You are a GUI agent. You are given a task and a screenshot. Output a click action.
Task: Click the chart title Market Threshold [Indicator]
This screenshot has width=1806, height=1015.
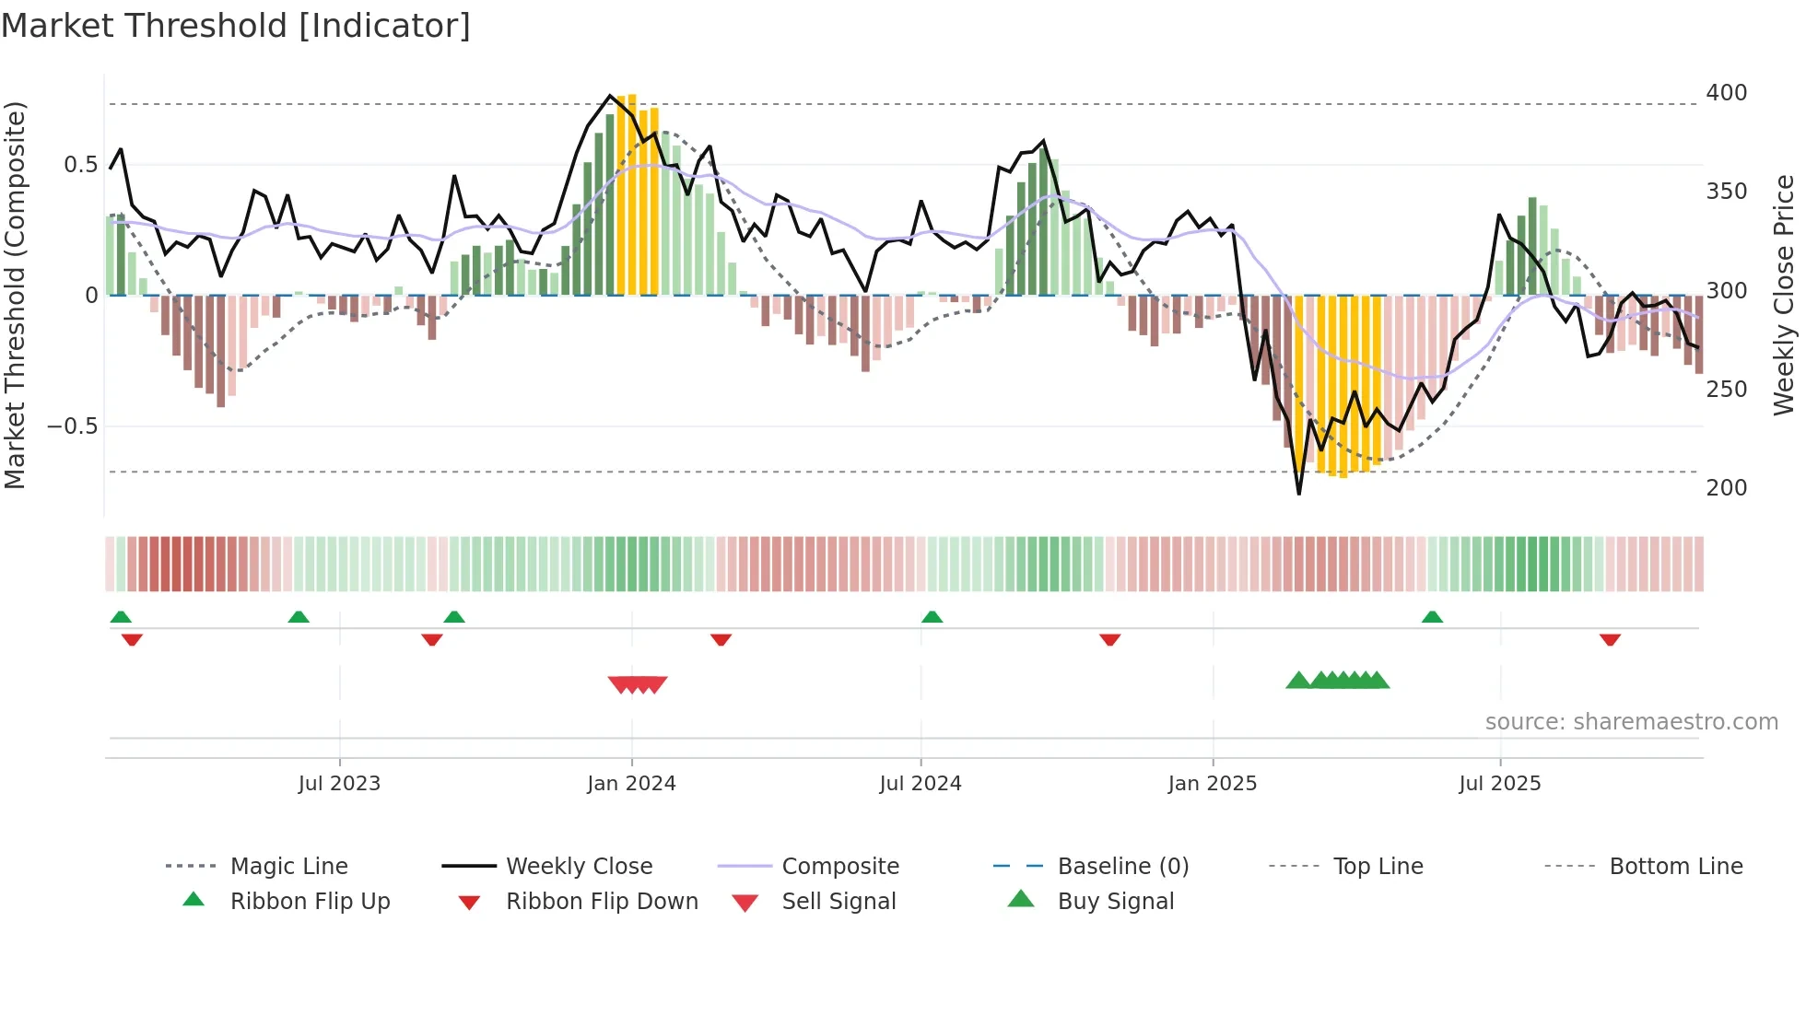coord(236,26)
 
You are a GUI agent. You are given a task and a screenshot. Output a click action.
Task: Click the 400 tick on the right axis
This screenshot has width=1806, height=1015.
coord(1726,93)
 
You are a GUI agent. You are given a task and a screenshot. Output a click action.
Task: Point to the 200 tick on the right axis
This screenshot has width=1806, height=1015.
coord(1726,488)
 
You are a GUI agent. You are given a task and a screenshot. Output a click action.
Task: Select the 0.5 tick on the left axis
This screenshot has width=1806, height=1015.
coord(80,165)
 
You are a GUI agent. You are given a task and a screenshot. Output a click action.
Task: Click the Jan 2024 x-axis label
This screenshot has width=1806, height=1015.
coord(631,784)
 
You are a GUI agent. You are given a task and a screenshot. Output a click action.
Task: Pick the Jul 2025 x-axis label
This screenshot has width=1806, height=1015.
coord(1499,784)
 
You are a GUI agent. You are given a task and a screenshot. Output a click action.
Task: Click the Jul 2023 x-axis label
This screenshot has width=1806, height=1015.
coord(339,784)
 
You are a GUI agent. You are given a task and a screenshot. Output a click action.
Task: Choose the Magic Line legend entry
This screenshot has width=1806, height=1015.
coord(288,867)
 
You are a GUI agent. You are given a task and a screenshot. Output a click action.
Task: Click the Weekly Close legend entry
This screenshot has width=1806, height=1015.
coord(579,867)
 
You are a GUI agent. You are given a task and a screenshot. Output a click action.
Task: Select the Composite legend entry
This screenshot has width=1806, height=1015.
coord(840,867)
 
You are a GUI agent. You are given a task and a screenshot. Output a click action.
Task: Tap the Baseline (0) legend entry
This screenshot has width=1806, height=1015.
coord(1122,867)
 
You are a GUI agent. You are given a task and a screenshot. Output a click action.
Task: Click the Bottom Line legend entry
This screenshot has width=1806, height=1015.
coord(1675,867)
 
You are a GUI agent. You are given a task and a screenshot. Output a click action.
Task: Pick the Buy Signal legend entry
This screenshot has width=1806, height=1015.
coord(1115,902)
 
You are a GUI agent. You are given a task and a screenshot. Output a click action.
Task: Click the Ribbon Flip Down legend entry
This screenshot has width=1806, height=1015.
coord(602,902)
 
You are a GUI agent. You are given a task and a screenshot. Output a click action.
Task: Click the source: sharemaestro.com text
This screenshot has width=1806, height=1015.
coord(1631,722)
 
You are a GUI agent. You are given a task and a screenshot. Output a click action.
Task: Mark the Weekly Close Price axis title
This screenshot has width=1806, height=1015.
coord(1784,295)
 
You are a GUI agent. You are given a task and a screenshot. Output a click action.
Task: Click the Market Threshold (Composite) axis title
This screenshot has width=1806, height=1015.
coord(15,295)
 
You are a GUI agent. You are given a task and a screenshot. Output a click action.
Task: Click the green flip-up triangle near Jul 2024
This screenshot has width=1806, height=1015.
coord(932,617)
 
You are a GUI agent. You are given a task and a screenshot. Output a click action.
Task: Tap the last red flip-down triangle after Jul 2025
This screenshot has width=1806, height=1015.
coord(1610,639)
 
